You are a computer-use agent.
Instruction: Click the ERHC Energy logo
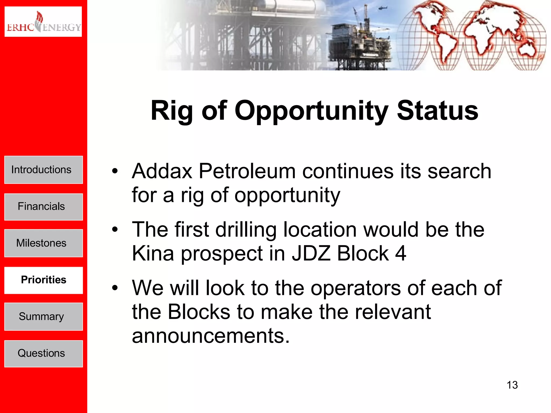pos(43,22)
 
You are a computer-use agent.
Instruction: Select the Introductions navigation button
pos(43,170)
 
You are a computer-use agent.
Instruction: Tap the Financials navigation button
pos(43,206)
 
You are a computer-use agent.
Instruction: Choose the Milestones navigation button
pos(43,243)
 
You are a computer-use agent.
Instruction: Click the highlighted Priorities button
pos(43,280)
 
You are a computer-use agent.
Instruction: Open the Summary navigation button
pos(43,316)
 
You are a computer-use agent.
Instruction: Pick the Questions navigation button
pos(43,353)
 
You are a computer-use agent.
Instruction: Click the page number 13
pos(512,385)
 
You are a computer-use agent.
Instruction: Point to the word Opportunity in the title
pos(312,111)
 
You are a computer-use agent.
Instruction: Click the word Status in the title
pos(437,111)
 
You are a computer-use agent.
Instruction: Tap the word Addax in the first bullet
pos(162,171)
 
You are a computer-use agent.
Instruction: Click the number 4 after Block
pos(401,253)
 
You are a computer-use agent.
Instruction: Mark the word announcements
pos(210,336)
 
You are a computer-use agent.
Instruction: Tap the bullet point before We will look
pos(115,288)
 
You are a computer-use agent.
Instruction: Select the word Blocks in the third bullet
pos(199,312)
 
